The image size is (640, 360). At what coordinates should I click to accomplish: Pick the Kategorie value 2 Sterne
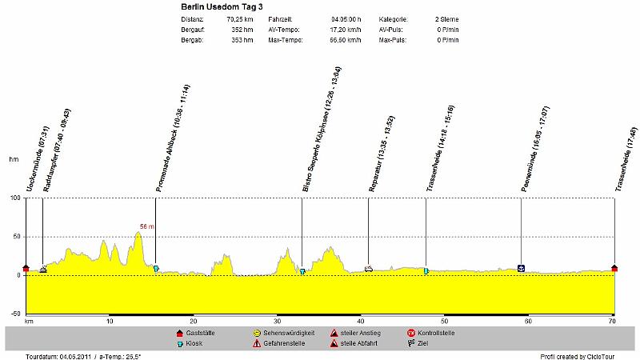point(447,18)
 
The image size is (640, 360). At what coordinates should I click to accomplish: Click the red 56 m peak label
point(146,226)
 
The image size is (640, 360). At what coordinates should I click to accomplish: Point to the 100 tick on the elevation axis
point(14,198)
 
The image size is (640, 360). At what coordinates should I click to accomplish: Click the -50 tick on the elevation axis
point(14,314)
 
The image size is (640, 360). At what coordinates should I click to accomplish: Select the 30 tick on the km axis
point(277,321)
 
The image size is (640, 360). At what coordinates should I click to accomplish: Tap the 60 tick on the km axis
point(528,321)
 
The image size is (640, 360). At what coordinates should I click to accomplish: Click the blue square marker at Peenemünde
point(522,268)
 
